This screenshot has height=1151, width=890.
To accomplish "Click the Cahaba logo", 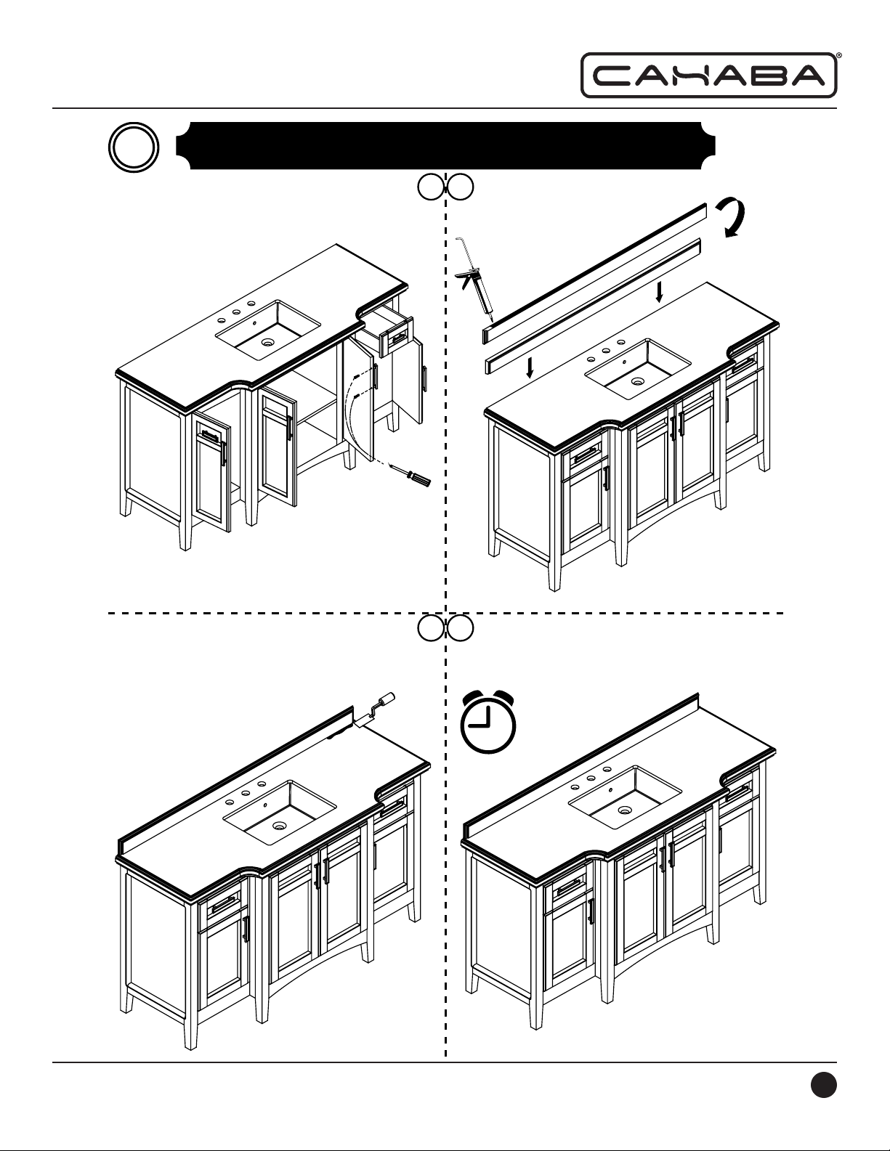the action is (709, 76).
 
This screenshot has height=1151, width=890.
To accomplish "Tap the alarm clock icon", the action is (488, 721).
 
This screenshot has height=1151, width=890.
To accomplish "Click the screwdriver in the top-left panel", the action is (410, 474).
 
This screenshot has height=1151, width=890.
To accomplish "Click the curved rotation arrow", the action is (732, 218).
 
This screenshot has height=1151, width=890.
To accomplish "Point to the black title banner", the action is (445, 146).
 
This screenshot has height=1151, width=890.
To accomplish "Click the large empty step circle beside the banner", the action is (134, 147).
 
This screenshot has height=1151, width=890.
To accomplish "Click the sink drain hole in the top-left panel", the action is (268, 343).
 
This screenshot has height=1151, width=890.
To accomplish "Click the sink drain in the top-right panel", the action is (637, 381).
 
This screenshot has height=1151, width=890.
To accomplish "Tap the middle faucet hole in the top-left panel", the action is (235, 312).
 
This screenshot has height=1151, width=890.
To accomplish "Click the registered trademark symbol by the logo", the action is (838, 54).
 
